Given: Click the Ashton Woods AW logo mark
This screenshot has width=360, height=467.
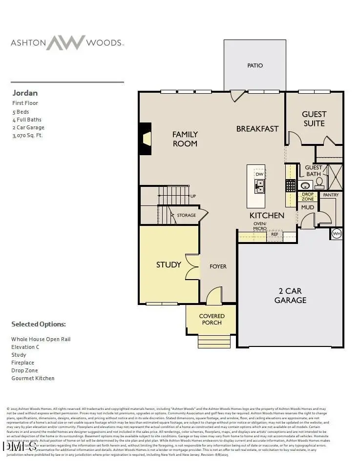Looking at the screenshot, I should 66,42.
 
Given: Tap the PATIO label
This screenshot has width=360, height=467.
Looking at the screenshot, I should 255,65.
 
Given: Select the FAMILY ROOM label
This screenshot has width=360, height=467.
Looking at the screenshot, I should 185,139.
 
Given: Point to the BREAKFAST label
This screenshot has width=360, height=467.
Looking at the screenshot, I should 257,129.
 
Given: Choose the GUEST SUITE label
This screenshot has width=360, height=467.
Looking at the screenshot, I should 314,119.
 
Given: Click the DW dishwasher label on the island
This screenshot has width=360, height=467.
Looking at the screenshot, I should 259,174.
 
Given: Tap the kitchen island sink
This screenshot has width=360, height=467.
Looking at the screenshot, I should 259,186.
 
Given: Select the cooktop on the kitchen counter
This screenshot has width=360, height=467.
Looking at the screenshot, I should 291,185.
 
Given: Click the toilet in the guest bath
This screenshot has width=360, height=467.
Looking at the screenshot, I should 319,183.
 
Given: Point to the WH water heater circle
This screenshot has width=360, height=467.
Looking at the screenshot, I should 337,234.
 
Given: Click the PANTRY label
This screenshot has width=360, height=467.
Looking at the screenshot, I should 331,195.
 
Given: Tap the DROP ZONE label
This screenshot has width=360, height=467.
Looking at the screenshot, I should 308,197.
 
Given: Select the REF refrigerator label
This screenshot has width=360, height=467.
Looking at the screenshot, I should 275,234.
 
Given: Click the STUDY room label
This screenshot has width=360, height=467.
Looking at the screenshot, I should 169,264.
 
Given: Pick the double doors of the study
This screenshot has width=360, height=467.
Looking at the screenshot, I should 192,267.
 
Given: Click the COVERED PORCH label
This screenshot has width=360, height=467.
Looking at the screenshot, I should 212,320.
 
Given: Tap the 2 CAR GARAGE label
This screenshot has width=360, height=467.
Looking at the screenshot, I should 290,296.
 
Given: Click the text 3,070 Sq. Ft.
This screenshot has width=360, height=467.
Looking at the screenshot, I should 27,135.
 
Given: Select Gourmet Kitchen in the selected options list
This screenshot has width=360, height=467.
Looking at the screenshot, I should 33,378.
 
